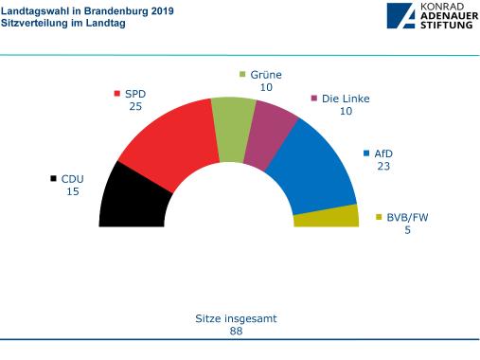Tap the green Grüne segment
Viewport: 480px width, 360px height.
coord(228,121)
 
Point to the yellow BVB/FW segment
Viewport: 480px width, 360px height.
coord(327,217)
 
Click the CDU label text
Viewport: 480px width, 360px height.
coord(73,178)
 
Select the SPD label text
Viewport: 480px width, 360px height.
coord(136,94)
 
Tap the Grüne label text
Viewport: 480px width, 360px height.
coord(266,75)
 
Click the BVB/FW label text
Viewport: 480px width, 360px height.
coord(407,217)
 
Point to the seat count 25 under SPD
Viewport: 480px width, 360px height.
coord(136,106)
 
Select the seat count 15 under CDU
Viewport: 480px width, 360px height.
coord(73,191)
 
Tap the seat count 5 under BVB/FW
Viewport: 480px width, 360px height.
coord(407,230)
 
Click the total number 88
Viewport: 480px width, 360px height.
coord(238,332)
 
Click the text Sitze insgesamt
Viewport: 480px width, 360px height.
coord(238,319)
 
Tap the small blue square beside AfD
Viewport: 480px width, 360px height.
coord(366,153)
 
